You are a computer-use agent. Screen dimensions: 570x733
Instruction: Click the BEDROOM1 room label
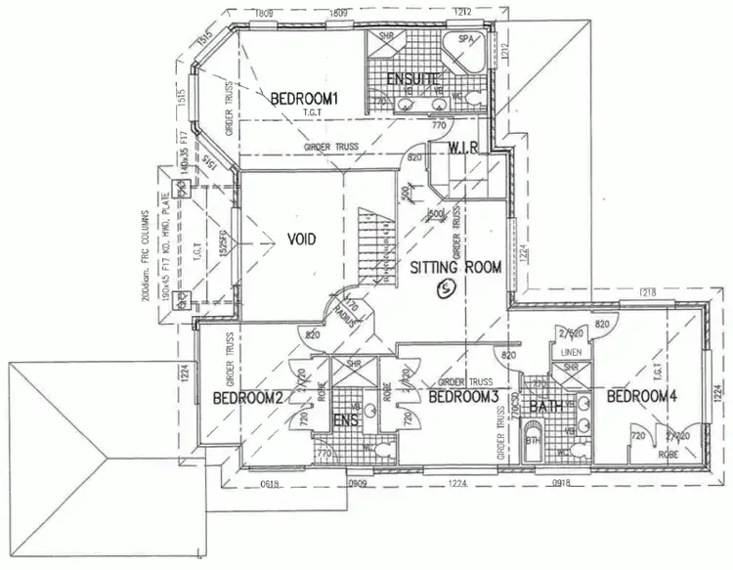pyautogui.click(x=303, y=99)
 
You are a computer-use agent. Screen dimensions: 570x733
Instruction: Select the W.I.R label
pyautogui.click(x=463, y=148)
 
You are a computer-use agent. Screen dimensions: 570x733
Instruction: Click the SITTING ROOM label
pyautogui.click(x=455, y=266)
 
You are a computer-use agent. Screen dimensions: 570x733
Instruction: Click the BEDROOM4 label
pyautogui.click(x=641, y=397)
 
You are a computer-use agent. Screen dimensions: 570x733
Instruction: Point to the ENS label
pyautogui.click(x=348, y=421)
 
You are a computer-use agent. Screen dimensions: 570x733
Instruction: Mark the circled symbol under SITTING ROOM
pyautogui.click(x=447, y=287)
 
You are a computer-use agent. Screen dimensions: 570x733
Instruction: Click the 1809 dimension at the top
pyautogui.click(x=262, y=13)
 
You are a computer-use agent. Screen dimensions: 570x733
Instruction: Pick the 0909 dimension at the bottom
pyautogui.click(x=358, y=483)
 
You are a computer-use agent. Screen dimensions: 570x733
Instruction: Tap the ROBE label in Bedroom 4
pyautogui.click(x=668, y=454)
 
